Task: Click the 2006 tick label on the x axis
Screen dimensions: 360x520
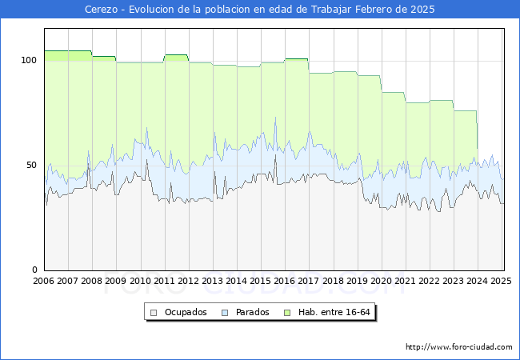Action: pyautogui.click(x=44, y=281)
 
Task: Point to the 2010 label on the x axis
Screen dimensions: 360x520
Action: pyautogui.click(x=140, y=281)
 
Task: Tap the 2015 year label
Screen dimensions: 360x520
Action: pyautogui.click(x=261, y=281)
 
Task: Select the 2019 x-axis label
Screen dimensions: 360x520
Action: pyautogui.click(x=357, y=281)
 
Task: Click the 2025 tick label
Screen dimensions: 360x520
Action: pyautogui.click(x=501, y=281)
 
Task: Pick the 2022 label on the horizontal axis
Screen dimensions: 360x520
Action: pyautogui.click(x=429, y=281)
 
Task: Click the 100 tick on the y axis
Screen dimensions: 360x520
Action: pyautogui.click(x=30, y=60)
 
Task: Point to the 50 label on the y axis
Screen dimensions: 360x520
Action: pyautogui.click(x=32, y=165)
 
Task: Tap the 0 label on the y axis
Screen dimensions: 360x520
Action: pyautogui.click(x=35, y=270)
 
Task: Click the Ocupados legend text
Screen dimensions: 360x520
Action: pyautogui.click(x=186, y=312)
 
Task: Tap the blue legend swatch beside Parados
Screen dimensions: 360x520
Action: pyautogui.click(x=226, y=312)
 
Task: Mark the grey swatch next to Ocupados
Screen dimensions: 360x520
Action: pyautogui.click(x=153, y=312)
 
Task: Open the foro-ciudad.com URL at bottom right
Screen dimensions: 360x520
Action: pyautogui.click(x=459, y=347)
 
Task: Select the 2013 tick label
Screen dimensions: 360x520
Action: pyautogui.click(x=213, y=281)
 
